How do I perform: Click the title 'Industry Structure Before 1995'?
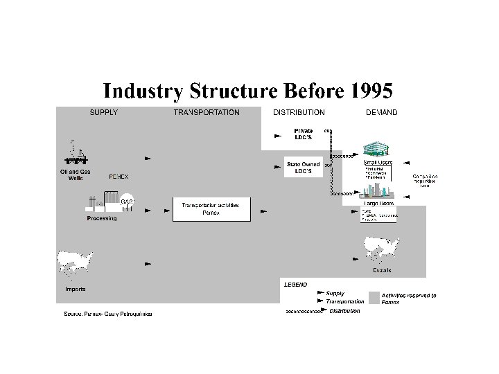point(248,91)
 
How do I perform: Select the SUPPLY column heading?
point(103,112)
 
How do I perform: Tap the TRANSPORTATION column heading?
point(207,112)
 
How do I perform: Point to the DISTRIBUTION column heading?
point(299,112)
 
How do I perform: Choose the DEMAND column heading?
point(381,112)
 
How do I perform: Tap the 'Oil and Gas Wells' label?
point(76,175)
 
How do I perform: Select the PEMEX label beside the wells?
point(119,177)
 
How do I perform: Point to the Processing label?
point(102,218)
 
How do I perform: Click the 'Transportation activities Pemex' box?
point(211,209)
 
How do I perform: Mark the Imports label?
point(76,289)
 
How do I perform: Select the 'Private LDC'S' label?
point(303,134)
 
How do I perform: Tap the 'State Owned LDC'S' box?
point(303,168)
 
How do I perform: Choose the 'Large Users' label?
point(378,204)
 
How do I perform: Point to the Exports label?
point(382,270)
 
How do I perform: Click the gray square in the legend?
point(374,298)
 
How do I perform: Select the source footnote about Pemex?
point(107,314)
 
